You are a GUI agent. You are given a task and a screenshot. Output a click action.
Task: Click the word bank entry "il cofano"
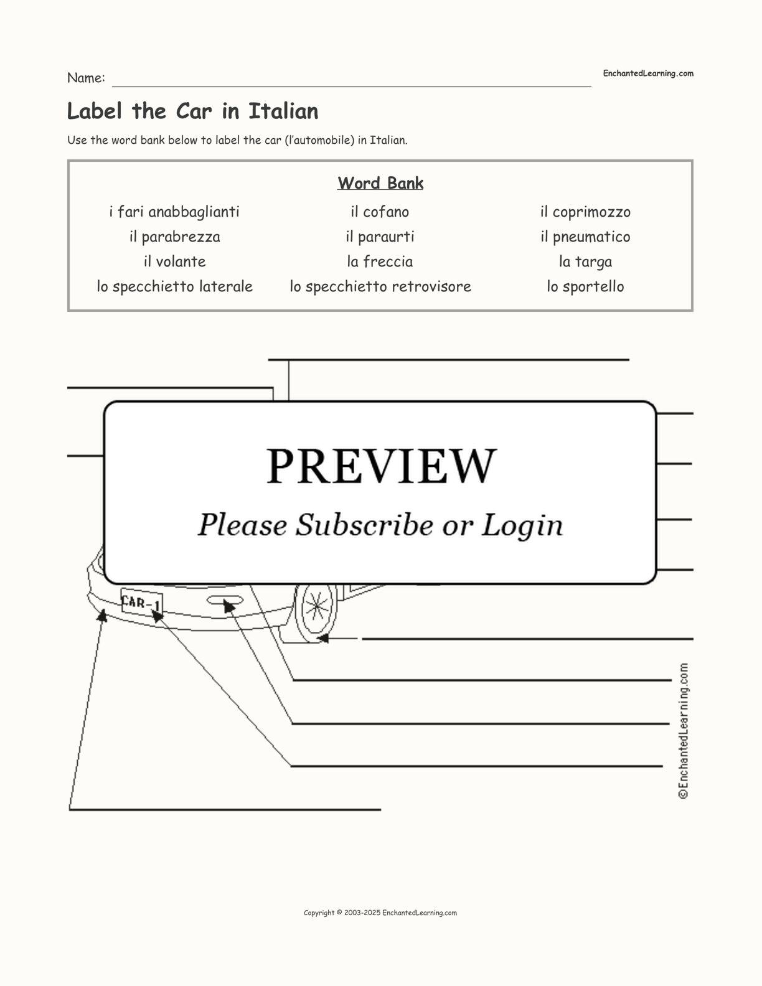point(380,212)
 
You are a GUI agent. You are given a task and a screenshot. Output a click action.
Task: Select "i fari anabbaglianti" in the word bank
point(174,212)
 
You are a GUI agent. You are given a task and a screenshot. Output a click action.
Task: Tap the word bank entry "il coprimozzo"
point(585,212)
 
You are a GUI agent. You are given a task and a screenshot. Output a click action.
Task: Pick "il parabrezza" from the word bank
point(174,237)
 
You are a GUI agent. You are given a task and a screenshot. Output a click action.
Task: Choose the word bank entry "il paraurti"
point(380,237)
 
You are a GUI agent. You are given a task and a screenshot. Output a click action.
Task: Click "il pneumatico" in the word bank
point(585,237)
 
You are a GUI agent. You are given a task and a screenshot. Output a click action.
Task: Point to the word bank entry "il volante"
point(174,262)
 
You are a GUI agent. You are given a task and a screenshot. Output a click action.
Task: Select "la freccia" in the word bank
point(380,262)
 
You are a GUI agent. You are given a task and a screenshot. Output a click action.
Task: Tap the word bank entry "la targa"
point(585,262)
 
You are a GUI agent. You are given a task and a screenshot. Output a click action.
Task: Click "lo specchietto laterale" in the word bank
point(174,287)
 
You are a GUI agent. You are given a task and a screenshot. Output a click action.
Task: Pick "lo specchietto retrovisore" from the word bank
point(380,287)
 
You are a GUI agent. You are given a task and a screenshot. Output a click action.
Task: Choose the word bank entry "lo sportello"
point(585,287)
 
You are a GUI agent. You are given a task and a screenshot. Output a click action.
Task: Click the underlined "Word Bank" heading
point(380,184)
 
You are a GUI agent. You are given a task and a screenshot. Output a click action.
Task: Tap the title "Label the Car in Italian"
point(192,111)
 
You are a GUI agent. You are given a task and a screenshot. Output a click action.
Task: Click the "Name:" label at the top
point(86,78)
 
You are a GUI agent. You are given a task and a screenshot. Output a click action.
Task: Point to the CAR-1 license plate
point(141,602)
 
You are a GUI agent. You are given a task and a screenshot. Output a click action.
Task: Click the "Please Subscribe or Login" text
point(380,525)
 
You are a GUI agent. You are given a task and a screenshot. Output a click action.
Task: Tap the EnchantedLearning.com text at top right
point(647,73)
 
